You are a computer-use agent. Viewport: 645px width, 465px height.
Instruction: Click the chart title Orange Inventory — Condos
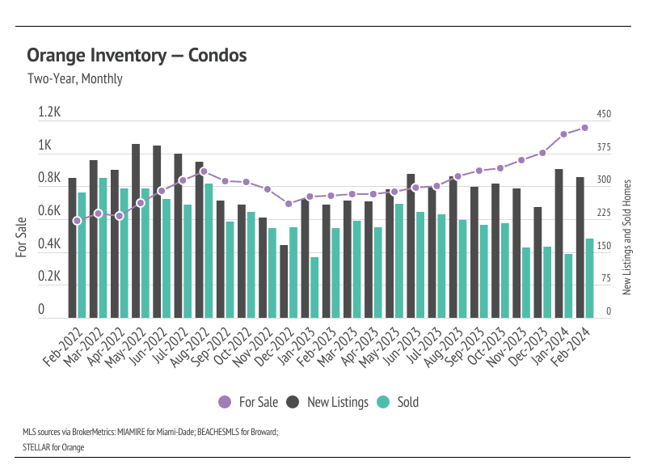pyautogui.click(x=137, y=55)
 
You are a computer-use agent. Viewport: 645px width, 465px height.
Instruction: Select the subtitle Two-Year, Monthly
pyautogui.click(x=74, y=79)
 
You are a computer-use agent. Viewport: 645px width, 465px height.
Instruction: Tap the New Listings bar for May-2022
pyautogui.click(x=136, y=230)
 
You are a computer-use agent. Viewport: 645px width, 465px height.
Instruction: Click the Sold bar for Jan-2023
pyautogui.click(x=314, y=287)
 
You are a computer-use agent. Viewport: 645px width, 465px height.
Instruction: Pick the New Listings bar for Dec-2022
pyautogui.click(x=284, y=281)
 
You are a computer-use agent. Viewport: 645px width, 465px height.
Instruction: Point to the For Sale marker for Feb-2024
pyautogui.click(x=585, y=128)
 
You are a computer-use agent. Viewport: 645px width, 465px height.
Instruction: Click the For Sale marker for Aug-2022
pyautogui.click(x=204, y=171)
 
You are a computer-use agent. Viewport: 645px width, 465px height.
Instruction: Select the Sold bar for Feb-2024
pyautogui.click(x=589, y=277)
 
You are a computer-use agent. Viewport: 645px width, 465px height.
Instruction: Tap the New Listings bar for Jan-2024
pyautogui.click(x=559, y=243)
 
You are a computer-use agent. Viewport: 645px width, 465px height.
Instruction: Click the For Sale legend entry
pyautogui.click(x=248, y=402)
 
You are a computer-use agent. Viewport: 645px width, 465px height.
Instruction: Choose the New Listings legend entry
pyautogui.click(x=328, y=402)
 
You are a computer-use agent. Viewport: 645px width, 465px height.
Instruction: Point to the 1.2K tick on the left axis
pyautogui.click(x=50, y=113)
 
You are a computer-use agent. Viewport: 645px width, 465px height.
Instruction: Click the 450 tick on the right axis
pyautogui.click(x=604, y=114)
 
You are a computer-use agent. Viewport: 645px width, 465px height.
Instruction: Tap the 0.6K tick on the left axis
pyautogui.click(x=50, y=211)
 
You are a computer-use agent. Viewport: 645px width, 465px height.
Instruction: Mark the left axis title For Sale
pyautogui.click(x=22, y=236)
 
